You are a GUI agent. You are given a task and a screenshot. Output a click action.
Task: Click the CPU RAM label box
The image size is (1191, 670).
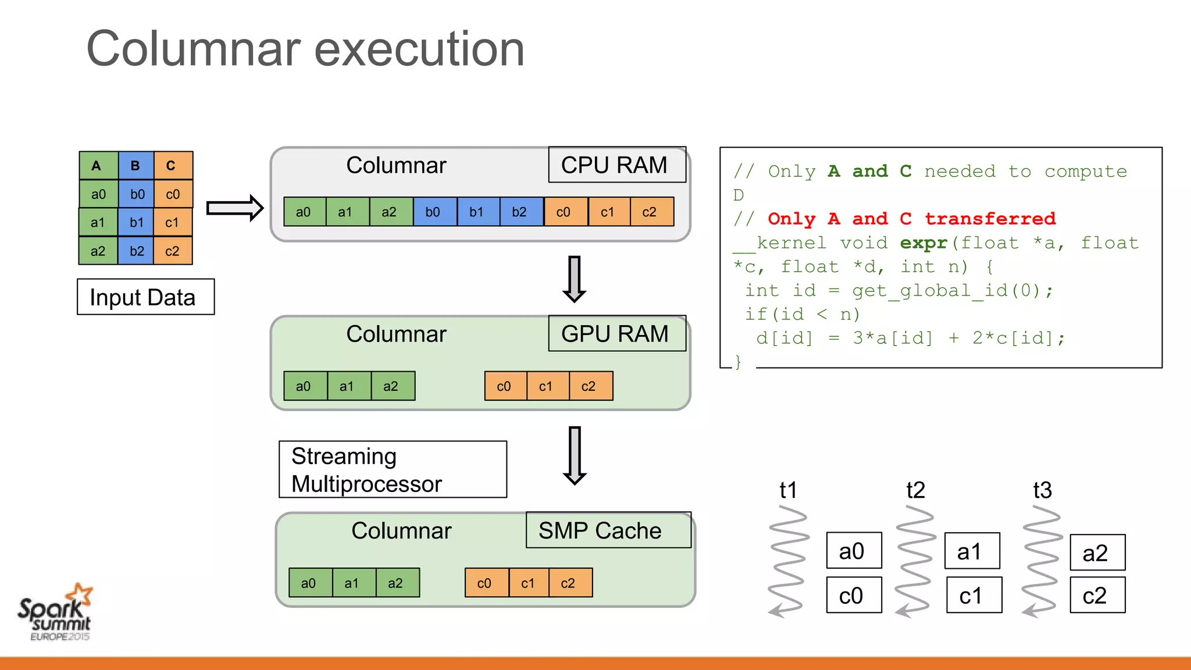616,165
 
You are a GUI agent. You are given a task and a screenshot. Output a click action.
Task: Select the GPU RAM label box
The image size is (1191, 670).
616,334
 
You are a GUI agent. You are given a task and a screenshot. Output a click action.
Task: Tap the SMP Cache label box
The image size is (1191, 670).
608,530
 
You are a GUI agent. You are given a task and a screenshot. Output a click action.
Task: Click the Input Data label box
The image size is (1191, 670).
145,297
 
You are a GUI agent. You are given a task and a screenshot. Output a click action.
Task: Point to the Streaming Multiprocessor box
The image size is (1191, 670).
393,469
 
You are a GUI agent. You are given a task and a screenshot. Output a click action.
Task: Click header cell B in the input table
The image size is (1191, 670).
135,166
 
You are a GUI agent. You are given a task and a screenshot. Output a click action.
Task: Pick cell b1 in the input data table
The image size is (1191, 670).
136,222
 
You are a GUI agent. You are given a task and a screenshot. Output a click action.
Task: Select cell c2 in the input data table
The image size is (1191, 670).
172,251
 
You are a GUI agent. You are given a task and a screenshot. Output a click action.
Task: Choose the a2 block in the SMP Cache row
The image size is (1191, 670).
396,583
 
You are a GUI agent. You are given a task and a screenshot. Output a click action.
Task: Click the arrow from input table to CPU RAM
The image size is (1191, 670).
235,208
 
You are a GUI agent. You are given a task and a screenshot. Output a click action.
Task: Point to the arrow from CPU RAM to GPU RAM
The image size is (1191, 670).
575,279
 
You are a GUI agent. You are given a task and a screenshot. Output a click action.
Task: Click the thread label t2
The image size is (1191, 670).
915,490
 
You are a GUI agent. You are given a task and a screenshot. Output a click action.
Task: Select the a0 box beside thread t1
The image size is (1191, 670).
853,551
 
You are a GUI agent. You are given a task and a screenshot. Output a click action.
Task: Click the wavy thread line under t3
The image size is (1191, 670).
1042,561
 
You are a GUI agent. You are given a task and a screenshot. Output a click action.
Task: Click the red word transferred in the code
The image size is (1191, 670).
990,219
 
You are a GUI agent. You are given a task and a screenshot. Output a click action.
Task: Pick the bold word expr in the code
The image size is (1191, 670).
923,243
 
